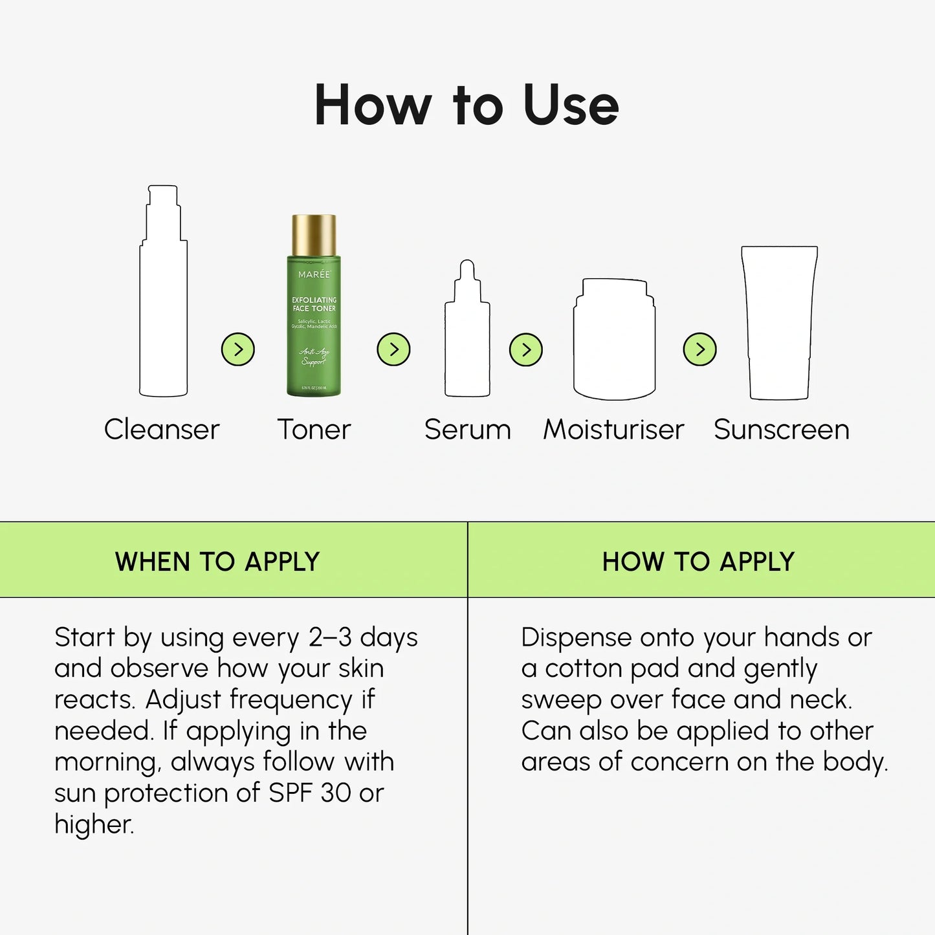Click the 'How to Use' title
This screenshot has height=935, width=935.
tap(467, 105)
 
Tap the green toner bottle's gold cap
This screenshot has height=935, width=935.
tap(314, 235)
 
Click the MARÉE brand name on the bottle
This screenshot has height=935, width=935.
tap(314, 274)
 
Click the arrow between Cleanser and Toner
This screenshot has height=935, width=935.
tap(238, 349)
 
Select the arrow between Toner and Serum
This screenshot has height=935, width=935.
tap(393, 349)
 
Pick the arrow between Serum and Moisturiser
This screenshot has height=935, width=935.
tap(526, 349)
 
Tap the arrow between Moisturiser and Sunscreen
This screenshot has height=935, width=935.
tap(699, 349)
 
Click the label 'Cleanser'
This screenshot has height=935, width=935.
tap(162, 430)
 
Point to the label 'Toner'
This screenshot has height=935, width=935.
tap(314, 430)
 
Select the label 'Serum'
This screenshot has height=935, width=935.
tap(467, 430)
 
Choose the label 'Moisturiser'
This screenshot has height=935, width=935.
tap(613, 430)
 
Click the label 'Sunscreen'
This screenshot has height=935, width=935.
tap(781, 430)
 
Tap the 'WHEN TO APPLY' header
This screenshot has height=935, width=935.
tap(217, 561)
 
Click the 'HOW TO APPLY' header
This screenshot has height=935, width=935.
tap(698, 561)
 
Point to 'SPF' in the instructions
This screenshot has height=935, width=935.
tap(291, 793)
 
